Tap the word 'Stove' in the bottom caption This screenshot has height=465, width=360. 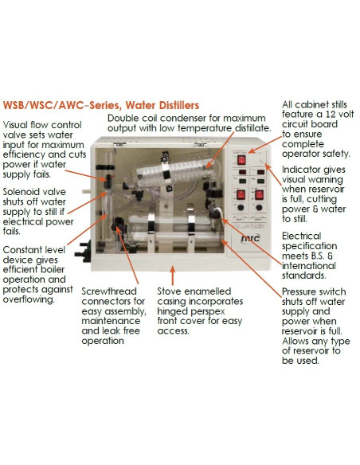[172, 291]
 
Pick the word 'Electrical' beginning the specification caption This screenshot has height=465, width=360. [307, 236]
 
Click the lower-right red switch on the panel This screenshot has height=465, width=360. [260, 196]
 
